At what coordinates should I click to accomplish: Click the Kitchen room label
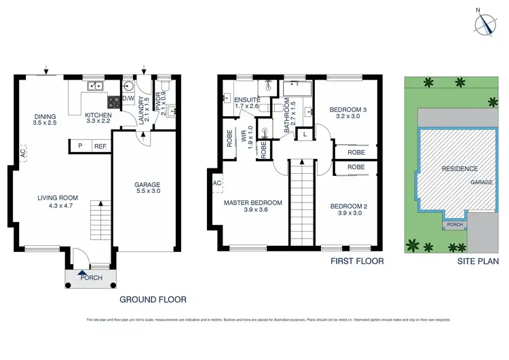coord(98,115)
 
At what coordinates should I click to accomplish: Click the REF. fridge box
coord(100,146)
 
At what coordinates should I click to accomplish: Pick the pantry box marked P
coord(80,146)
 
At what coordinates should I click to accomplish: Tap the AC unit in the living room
coord(23,153)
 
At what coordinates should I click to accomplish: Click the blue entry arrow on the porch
coord(81,272)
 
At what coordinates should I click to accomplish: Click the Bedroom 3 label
coord(348,110)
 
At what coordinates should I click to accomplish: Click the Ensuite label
coord(247,98)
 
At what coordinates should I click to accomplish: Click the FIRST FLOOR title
coord(357,261)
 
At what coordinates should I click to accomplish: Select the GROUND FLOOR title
coord(153,299)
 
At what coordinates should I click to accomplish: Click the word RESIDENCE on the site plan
coord(459,168)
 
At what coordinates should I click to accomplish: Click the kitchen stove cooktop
coord(113,101)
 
